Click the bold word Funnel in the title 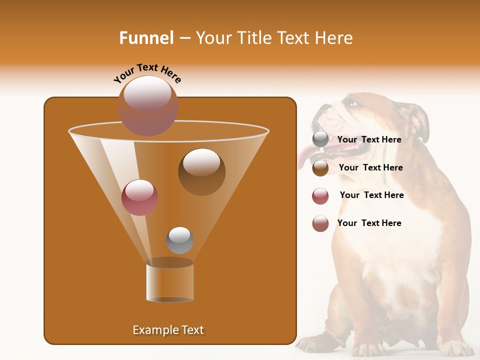click(x=146, y=38)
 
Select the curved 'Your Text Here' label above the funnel click(x=147, y=73)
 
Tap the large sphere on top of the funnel click(x=148, y=105)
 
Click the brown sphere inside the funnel click(x=201, y=171)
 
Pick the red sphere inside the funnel click(x=139, y=197)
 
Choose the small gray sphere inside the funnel click(x=179, y=240)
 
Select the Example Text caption click(x=168, y=330)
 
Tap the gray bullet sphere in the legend click(x=320, y=139)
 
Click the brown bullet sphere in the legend click(x=320, y=168)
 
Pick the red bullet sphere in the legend click(x=320, y=196)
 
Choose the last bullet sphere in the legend click(x=320, y=223)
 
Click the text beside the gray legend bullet click(x=369, y=139)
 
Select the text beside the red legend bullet click(x=371, y=195)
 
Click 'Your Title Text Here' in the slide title click(x=274, y=38)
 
